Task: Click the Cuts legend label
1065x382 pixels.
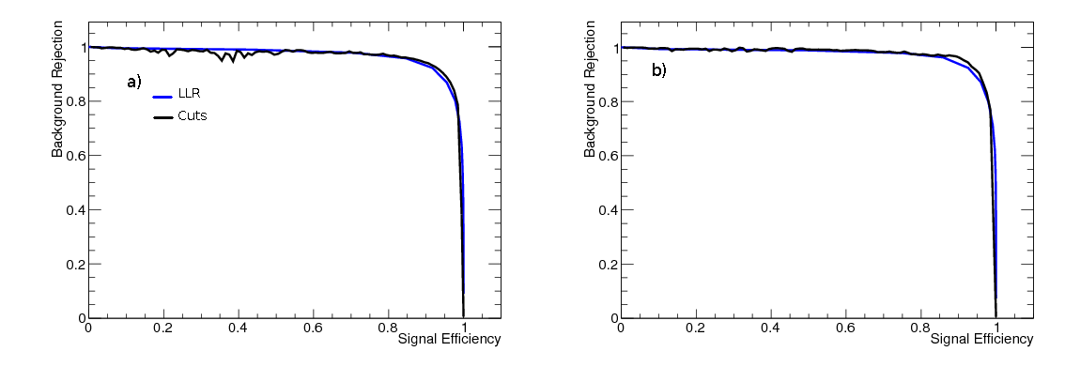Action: [x=192, y=116]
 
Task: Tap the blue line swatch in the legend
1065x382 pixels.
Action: [x=164, y=95]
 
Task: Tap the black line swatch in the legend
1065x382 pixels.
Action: [x=164, y=117]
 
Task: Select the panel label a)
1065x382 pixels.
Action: [x=134, y=82]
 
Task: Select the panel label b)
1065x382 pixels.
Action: [x=658, y=70]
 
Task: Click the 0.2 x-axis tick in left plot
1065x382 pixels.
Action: [x=163, y=329]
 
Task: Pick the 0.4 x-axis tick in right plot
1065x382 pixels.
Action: [x=771, y=329]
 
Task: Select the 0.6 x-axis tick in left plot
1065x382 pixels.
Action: [x=314, y=329]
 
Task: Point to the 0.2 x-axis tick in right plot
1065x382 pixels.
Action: [x=696, y=329]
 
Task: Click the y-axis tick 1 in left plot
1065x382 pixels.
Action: [x=80, y=47]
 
